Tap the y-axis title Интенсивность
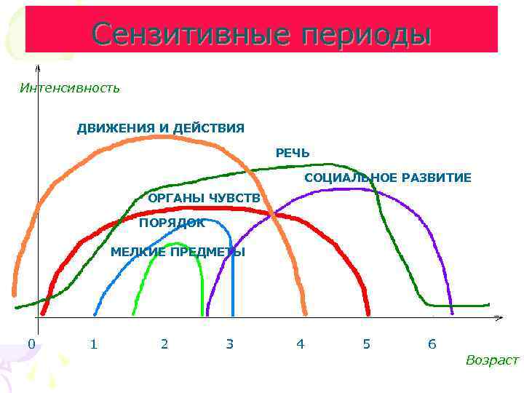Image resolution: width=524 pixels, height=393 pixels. (x=70, y=88)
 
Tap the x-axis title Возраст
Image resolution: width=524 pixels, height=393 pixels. (x=492, y=360)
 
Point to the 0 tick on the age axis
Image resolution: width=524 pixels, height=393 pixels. (x=31, y=344)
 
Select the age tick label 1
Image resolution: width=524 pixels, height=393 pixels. (x=93, y=344)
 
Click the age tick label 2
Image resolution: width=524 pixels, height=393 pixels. (x=164, y=344)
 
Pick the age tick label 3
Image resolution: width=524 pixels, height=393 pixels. (x=230, y=344)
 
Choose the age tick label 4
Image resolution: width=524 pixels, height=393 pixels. (x=301, y=344)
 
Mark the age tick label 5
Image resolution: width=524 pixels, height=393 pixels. (x=367, y=344)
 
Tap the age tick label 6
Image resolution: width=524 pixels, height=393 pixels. (x=432, y=344)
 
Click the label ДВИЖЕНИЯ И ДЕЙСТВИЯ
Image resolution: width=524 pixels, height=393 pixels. (x=161, y=128)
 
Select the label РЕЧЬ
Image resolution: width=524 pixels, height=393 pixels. (x=293, y=153)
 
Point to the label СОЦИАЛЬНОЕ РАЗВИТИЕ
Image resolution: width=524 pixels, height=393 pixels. (x=388, y=178)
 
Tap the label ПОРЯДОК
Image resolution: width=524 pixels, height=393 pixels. (x=172, y=223)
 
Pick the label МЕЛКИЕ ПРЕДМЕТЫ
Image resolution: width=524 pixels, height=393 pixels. (x=178, y=252)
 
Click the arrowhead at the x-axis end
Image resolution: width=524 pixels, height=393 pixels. (x=499, y=318)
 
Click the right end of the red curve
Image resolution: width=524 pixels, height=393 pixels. (x=368, y=314)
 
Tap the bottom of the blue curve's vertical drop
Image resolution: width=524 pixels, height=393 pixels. (x=233, y=314)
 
